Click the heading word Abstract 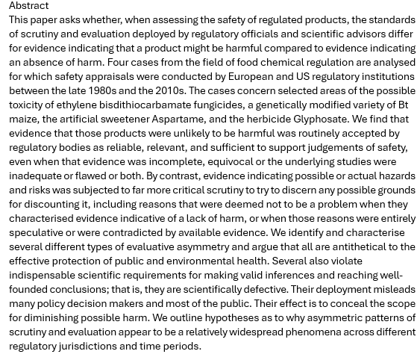[x=29, y=5]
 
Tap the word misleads [x=392, y=289]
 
